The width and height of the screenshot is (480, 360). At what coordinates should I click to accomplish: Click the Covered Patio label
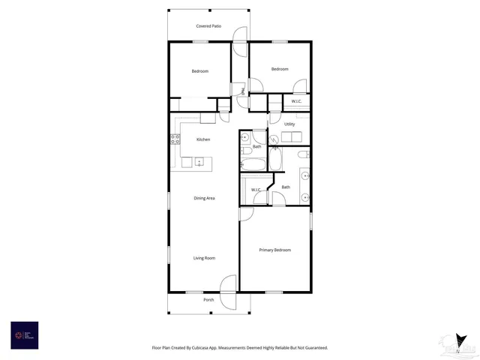point(208,26)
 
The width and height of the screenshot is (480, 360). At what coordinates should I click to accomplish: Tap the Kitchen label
point(203,139)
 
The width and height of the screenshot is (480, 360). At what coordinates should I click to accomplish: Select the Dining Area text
point(205,198)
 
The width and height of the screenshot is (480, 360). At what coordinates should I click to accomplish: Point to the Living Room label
point(205,258)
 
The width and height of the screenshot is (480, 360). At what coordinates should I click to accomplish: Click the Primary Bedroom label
point(274,250)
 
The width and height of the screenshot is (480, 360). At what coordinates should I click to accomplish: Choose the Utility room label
point(289,124)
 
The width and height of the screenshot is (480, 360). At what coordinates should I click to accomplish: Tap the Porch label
point(208,300)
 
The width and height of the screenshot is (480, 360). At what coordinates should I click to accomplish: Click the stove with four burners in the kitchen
point(175,138)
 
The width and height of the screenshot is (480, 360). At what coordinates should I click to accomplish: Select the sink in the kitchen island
point(199,161)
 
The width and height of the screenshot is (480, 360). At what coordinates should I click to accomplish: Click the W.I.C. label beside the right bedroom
point(296,100)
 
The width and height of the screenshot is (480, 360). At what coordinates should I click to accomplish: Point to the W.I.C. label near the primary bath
point(256,190)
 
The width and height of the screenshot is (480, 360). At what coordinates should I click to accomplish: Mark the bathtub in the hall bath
point(249,162)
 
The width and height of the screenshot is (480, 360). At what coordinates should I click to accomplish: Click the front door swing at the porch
point(229,284)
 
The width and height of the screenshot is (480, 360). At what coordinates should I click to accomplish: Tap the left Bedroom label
point(199,71)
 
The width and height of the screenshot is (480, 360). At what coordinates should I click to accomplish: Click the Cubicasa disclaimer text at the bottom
point(239,348)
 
